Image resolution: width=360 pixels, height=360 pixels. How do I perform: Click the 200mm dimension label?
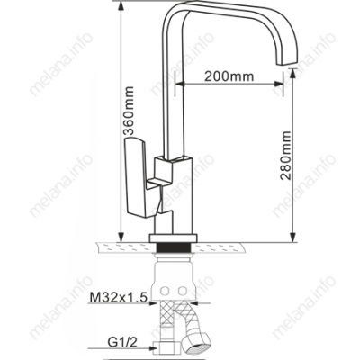(229, 76)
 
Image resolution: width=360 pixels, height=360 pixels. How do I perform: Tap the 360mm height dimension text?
(129, 111)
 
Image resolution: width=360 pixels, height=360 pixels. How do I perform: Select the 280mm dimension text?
(285, 155)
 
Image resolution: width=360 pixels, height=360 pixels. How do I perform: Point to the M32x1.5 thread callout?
(119, 298)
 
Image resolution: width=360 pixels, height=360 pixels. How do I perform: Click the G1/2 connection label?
(121, 342)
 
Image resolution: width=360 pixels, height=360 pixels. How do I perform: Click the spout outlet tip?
(287, 61)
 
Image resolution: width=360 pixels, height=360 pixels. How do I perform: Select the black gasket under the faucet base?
(174, 247)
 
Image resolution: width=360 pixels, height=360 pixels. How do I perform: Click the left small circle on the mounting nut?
(165, 291)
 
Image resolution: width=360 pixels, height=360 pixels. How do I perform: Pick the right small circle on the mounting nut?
(182, 291)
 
